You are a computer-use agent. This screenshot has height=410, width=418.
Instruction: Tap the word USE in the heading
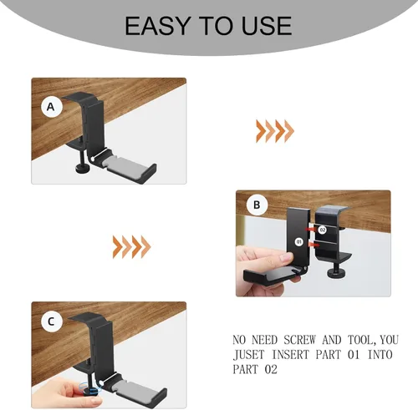267,26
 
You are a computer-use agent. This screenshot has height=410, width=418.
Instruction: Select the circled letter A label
51,107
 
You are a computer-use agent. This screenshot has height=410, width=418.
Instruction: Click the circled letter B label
257,205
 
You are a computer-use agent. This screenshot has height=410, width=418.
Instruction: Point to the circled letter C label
51,321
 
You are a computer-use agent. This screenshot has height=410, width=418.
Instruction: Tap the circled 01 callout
299,241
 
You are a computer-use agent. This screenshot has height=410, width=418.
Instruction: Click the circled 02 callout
323,230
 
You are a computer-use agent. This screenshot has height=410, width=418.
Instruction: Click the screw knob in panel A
83,168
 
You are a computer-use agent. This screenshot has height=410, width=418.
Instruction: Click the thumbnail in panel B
285,256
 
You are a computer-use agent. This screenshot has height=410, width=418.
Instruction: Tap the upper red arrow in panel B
310,229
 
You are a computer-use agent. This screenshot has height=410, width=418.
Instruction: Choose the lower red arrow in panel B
313,244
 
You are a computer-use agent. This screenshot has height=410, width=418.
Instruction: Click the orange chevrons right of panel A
275,131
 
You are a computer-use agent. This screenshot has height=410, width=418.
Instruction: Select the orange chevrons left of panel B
131,246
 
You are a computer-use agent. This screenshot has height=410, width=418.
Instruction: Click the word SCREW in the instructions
299,340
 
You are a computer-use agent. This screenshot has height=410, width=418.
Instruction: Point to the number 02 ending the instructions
271,369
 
